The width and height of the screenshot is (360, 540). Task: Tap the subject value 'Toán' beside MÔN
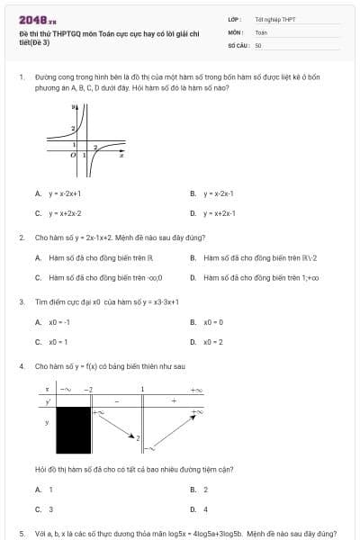[261, 31]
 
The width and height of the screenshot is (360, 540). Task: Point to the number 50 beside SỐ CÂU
[258, 44]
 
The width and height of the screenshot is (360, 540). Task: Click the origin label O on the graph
[74, 156]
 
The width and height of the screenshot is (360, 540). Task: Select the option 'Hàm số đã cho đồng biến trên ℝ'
[94, 258]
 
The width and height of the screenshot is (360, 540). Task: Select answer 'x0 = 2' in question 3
[212, 342]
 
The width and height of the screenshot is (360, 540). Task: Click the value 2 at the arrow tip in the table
[137, 438]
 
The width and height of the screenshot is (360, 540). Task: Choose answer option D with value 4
[205, 509]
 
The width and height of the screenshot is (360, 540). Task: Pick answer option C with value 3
[49, 509]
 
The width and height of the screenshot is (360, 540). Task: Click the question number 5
[22, 534]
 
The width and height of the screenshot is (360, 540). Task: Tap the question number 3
[22, 302]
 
